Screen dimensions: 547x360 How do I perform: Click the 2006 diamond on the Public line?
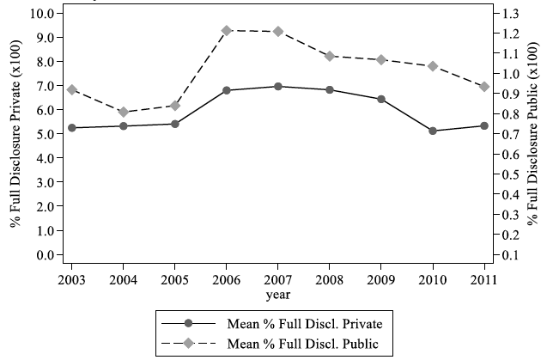pos(227,31)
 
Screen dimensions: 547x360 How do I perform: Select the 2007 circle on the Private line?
pos(278,86)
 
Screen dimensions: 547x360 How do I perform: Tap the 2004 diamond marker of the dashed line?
pos(124,112)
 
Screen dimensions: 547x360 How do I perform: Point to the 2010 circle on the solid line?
pos(433,131)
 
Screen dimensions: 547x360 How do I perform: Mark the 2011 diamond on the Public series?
pos(484,87)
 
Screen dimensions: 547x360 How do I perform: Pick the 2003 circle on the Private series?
pos(72,128)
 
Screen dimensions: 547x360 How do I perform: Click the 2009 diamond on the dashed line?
pos(381,59)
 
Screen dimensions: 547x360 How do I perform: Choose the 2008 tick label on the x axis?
pos(330,280)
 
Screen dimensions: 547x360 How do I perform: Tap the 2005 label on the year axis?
pos(175,280)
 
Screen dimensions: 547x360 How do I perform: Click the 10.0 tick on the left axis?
pos(42,13)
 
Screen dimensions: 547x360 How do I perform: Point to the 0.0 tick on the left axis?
pos(46,255)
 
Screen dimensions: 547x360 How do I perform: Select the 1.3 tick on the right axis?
pos(511,13)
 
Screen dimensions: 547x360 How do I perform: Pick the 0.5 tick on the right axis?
pos(511,174)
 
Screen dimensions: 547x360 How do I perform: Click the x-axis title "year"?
pos(278,296)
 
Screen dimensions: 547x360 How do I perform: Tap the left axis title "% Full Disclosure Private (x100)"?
pos(15,134)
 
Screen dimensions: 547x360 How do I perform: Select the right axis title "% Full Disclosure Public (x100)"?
pos(532,134)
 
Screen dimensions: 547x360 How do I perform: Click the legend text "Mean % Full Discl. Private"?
pos(305,324)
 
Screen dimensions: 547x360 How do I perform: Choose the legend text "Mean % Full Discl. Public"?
pos(303,344)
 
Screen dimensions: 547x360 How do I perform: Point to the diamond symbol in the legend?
pos(188,343)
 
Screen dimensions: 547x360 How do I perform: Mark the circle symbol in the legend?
pos(188,323)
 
